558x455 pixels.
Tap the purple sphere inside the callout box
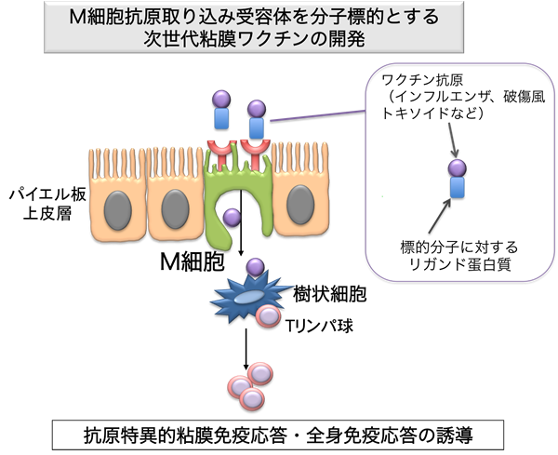pyautogui.click(x=458, y=168)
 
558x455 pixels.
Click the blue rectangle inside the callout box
pyautogui.click(x=458, y=188)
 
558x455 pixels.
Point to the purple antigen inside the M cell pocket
pyautogui.click(x=233, y=219)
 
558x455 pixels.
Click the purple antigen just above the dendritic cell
pyautogui.click(x=253, y=268)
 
